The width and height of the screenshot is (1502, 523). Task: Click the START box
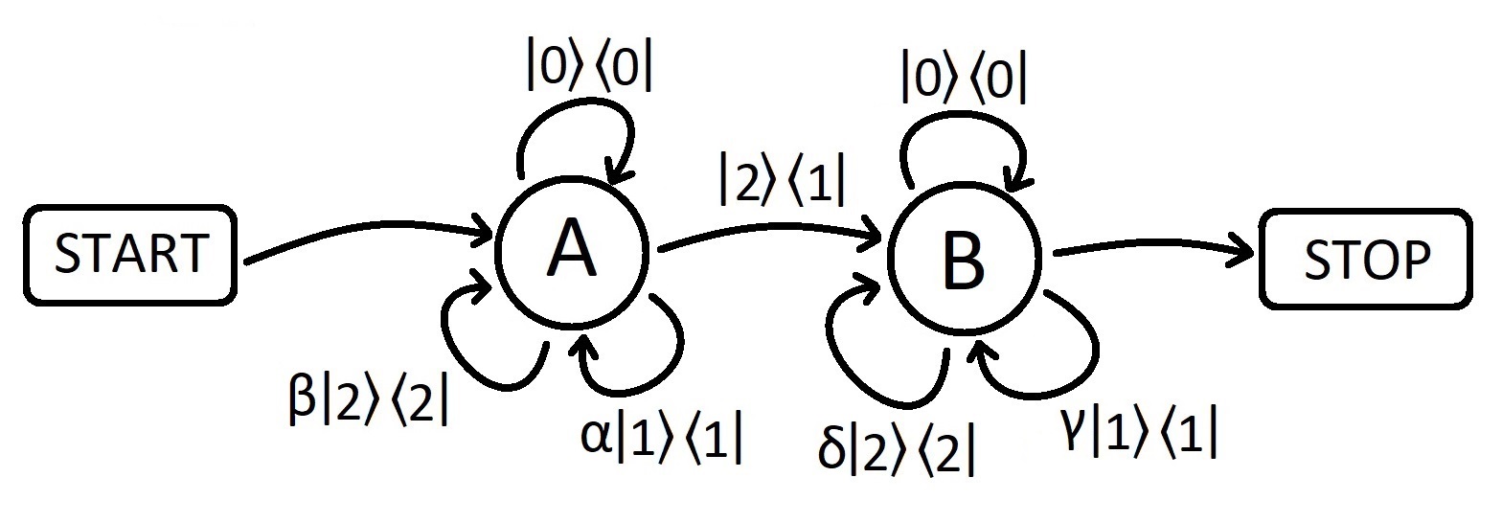coord(130,255)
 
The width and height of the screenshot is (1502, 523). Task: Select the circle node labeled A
coord(572,252)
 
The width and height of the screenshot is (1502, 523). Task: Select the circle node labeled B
coord(963,257)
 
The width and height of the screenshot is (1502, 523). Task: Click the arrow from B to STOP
coord(1149,249)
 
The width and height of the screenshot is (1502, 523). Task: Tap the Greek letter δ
coord(831,448)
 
